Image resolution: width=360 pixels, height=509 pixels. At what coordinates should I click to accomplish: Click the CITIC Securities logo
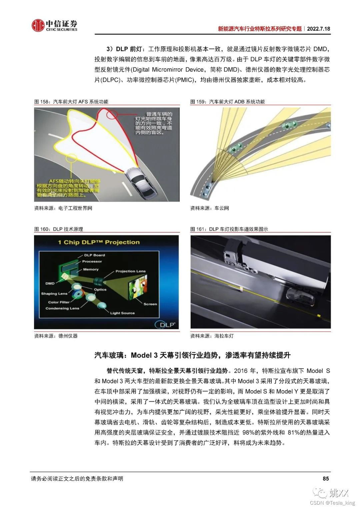pos(54,25)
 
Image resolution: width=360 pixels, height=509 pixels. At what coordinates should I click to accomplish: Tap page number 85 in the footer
pos(326,478)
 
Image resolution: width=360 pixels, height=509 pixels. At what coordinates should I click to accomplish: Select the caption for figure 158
pos(71,102)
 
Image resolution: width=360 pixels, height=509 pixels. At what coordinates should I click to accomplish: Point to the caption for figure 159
pos(227,102)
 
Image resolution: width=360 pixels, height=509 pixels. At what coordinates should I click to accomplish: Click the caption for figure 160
pos(59,229)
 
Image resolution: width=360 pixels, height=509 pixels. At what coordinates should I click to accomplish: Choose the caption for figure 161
pos(229,229)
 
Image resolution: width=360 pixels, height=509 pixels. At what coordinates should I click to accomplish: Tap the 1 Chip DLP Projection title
pos(99,242)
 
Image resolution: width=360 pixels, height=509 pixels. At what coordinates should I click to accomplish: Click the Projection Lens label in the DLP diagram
pos(130,271)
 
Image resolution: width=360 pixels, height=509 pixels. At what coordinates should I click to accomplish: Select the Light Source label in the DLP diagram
pos(122,313)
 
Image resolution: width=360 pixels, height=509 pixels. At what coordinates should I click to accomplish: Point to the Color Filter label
pos(59,302)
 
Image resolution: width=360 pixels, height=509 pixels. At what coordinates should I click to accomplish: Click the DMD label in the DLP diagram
pos(50,283)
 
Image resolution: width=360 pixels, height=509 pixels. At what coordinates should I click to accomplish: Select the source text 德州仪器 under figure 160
pos(68,336)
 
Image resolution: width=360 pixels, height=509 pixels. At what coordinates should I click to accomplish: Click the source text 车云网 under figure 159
pos(222,208)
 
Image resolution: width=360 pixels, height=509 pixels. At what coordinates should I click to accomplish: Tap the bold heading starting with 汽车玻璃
pos(192,355)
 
